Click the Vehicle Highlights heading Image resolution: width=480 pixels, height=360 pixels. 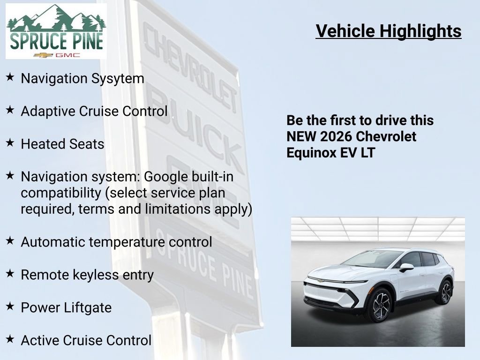[389, 31]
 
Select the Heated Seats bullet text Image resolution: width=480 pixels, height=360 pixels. [62, 144]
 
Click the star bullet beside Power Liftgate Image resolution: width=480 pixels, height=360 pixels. [10, 307]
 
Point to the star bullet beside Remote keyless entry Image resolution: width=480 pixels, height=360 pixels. [10, 274]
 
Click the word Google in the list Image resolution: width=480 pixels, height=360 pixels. [162, 177]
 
